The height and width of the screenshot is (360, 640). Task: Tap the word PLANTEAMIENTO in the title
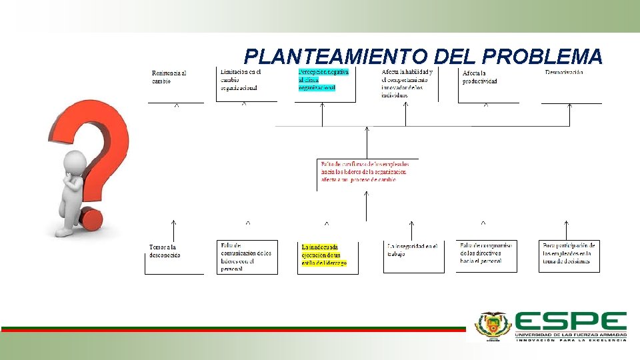[x=337, y=56]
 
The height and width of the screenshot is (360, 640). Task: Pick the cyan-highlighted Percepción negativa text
[x=324, y=79]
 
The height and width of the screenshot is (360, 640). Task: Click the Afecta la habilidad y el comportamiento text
[x=407, y=83]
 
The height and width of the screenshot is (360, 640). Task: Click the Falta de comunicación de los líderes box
[x=247, y=257]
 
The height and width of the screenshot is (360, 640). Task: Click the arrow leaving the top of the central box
[x=367, y=141]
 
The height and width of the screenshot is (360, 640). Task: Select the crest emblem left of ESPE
[x=491, y=326]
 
